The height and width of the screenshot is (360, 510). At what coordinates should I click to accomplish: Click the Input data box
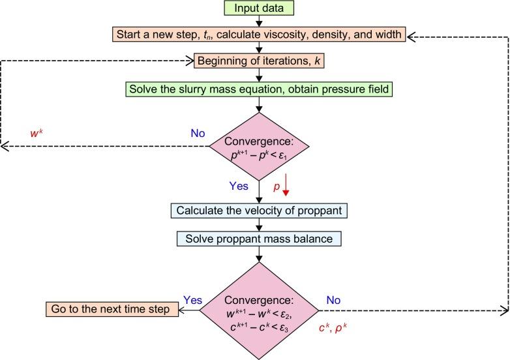click(259, 8)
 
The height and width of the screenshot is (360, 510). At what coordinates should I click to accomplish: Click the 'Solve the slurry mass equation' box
click(259, 89)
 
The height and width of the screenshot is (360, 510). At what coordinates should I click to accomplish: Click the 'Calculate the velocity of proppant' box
click(259, 211)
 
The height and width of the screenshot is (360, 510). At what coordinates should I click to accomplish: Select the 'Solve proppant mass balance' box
click(259, 239)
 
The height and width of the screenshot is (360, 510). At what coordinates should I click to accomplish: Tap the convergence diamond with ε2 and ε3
click(260, 309)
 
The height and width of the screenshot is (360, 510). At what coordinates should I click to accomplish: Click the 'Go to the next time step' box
click(112, 309)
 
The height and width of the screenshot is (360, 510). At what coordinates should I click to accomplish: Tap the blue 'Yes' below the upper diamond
click(238, 185)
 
